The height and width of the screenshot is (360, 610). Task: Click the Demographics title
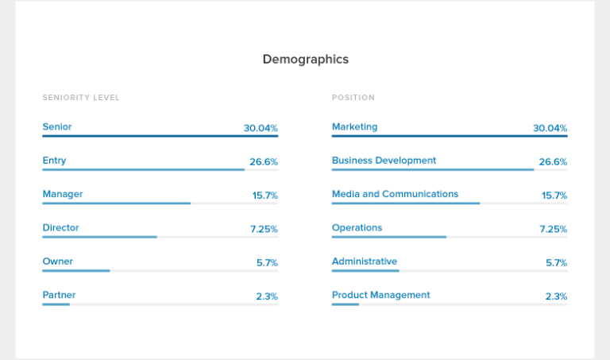305,60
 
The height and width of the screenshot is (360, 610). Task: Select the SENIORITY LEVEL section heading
81,98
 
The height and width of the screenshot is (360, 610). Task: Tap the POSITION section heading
353,98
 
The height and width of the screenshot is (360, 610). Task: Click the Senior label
57,126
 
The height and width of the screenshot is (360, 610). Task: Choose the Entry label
54,161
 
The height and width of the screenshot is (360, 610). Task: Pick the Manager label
63,194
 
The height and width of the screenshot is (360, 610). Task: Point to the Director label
60,228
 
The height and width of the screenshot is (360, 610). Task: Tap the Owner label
57,261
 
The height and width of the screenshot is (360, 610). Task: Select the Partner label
59,296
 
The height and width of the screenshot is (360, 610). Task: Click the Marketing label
354,126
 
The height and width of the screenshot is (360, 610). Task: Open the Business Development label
384,161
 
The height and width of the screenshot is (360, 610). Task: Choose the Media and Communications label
395,194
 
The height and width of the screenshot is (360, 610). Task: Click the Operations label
357,228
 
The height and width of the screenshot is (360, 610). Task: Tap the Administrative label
365,261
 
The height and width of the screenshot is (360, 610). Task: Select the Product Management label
380,296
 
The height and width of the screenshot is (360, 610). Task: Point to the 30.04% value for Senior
261,128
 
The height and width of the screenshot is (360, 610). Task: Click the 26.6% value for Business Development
553,162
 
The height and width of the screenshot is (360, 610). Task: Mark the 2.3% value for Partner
267,296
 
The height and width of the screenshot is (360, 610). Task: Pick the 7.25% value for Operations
553,229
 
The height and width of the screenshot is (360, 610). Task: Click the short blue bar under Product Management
346,304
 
